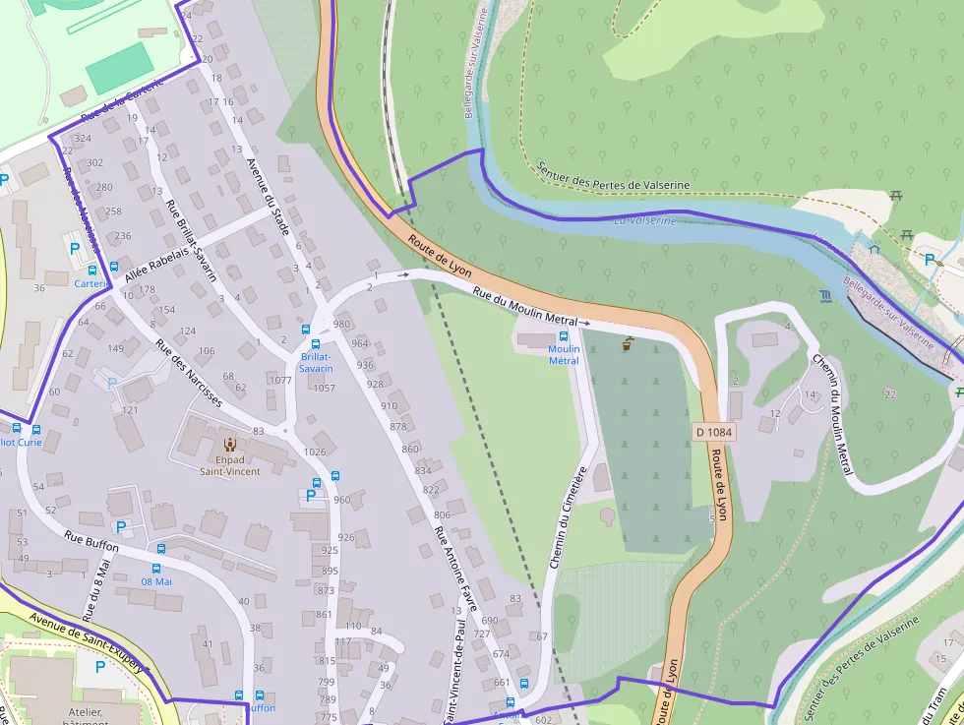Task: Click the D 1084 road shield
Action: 714,431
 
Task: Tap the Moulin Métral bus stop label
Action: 564,354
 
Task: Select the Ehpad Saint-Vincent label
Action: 230,464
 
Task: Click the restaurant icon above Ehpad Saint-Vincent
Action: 230,445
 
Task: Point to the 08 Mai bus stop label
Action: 156,581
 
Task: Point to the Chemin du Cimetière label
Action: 568,517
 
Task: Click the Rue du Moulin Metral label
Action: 524,307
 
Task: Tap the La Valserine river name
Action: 645,220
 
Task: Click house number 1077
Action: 280,380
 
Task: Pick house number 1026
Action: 315,452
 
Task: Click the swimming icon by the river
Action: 824,294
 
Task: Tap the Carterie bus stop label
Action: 91,283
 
